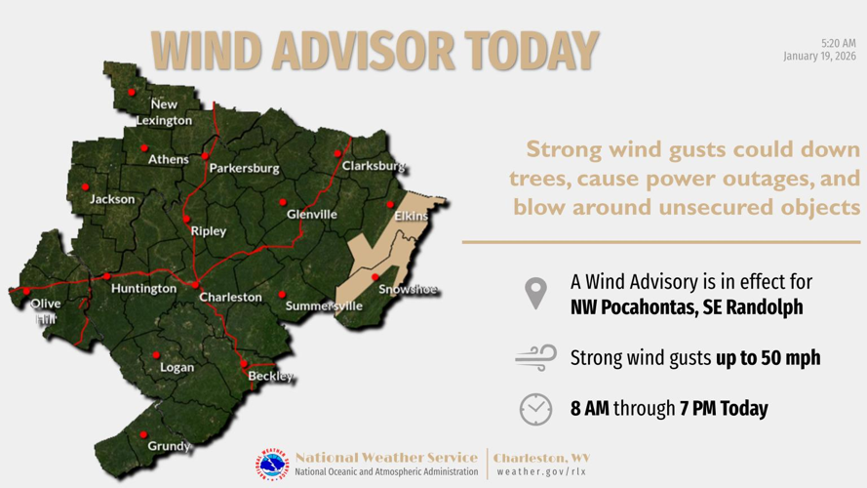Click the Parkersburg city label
click(244, 168)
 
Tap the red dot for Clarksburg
click(338, 153)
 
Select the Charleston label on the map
click(230, 297)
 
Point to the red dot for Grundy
click(143, 434)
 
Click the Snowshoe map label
click(408, 290)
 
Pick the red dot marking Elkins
click(390, 205)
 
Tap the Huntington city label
click(143, 289)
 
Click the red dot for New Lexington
click(132, 93)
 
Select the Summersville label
click(324, 306)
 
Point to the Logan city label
click(177, 368)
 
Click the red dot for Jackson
click(85, 186)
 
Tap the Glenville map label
click(312, 215)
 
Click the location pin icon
click(535, 293)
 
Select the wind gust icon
click(535, 358)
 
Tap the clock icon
click(535, 409)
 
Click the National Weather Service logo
click(273, 465)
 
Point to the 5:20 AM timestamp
click(838, 44)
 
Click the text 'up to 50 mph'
click(768, 358)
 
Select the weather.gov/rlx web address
click(541, 472)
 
